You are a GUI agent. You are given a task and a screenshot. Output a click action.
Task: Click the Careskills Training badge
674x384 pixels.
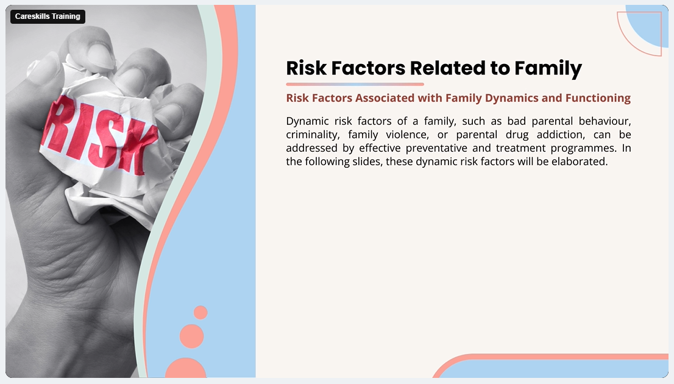tap(48, 16)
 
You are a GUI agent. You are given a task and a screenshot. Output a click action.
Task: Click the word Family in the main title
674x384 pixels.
tap(548, 68)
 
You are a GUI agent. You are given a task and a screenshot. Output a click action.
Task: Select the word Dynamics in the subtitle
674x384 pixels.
tap(511, 98)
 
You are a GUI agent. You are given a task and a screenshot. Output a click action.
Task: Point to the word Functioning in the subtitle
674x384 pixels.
tap(598, 98)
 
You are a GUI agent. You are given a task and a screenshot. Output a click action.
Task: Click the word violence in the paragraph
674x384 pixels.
tap(407, 135)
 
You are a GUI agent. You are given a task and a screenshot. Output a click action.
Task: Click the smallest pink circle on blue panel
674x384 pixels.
tap(200, 313)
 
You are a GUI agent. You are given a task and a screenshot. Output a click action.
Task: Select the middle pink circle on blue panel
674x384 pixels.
tap(192, 336)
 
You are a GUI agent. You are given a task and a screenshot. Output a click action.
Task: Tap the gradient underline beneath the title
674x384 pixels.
tap(355, 84)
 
